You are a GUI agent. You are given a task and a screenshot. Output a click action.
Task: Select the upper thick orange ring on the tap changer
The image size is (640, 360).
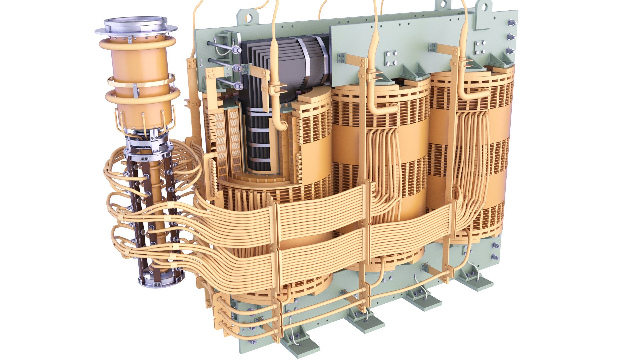137,44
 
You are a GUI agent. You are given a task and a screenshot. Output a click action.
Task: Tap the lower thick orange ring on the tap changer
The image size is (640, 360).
142,96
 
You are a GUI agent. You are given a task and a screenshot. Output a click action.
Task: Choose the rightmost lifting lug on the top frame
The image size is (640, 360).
483,10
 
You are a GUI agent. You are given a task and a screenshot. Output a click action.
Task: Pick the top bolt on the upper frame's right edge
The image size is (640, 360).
511,23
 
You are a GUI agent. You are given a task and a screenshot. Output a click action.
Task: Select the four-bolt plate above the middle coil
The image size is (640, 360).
391,58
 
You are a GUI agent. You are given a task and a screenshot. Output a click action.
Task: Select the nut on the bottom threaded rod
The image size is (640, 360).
238,86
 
